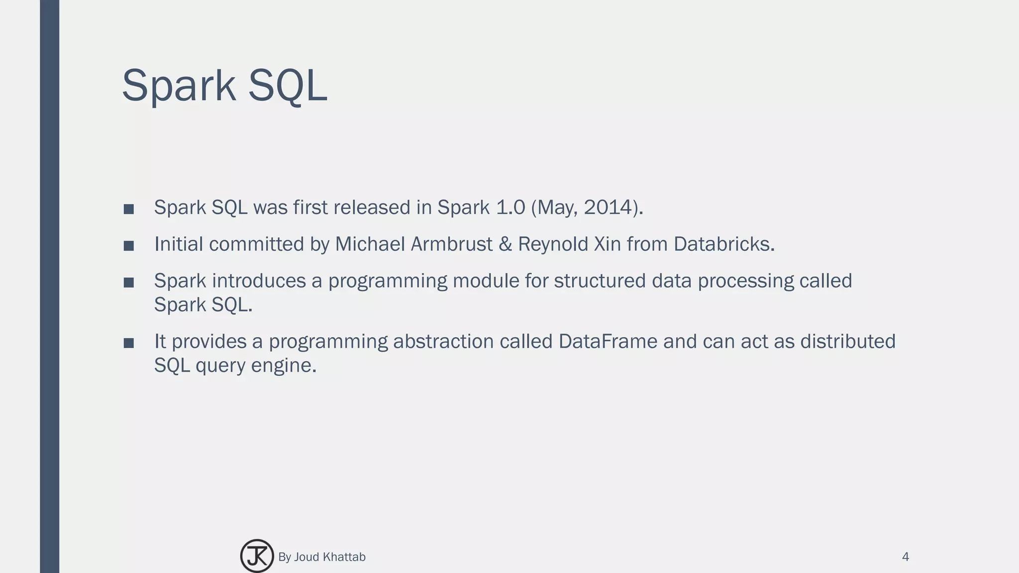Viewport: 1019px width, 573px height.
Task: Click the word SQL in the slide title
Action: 287,86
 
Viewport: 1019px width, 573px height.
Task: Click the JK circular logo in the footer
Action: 257,556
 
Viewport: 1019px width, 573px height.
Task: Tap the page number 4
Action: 905,557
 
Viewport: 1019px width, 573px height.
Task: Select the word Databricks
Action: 723,244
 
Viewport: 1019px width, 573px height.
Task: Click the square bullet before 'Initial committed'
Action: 129,246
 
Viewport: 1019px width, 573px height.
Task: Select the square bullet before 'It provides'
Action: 129,343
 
